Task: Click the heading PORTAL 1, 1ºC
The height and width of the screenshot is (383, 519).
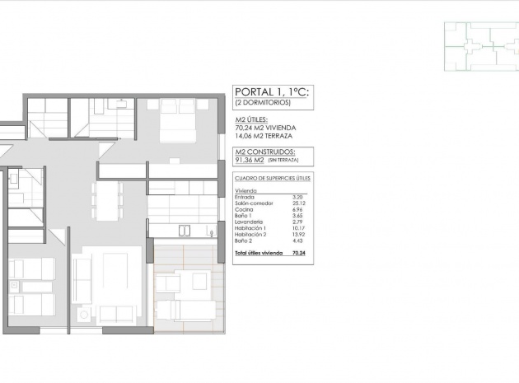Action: [x=273, y=92]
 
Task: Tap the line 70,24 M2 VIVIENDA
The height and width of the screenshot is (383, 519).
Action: [x=264, y=128]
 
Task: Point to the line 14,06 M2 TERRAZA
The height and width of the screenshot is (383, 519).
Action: [x=264, y=136]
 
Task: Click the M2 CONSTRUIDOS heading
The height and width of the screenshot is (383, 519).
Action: [x=265, y=152]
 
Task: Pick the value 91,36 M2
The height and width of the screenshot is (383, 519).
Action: [x=250, y=161]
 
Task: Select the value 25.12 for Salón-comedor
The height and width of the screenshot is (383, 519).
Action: [x=298, y=203]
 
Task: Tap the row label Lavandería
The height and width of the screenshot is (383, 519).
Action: [x=249, y=222]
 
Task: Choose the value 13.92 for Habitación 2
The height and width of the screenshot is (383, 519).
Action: [x=298, y=234]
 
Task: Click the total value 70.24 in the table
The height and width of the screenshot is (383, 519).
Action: [x=298, y=253]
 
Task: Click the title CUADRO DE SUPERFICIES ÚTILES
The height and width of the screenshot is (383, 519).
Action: [x=272, y=178]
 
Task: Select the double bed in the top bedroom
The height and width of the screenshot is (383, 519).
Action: [x=178, y=120]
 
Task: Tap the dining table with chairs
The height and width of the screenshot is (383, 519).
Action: [x=107, y=199]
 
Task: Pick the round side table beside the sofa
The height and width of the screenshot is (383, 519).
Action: [x=82, y=314]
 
